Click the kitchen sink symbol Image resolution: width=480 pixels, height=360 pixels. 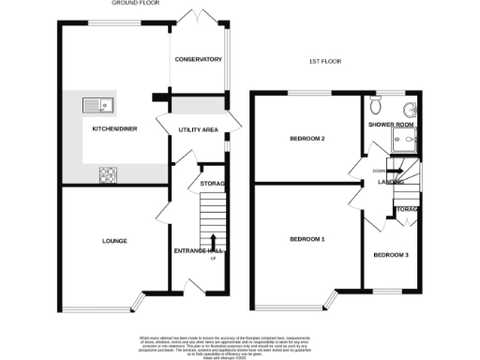pos(97,104)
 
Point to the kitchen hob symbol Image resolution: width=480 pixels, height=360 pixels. pos(107,173)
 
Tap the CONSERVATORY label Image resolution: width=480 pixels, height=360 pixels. pos(198,59)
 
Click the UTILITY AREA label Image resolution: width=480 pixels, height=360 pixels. pos(198,129)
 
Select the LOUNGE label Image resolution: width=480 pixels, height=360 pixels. pos(114,241)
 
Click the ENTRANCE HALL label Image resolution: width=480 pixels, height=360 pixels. pos(199,250)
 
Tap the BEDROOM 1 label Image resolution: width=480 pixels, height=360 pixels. pos(307,239)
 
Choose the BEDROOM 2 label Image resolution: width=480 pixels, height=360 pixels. pos(307,139)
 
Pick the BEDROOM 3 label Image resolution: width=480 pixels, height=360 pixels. pos(391,255)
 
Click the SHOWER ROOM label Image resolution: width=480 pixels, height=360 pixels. pos(386,123)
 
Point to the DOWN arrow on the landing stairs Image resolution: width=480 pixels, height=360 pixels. pos(377,171)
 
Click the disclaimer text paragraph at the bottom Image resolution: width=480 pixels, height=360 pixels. pos(240,344)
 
